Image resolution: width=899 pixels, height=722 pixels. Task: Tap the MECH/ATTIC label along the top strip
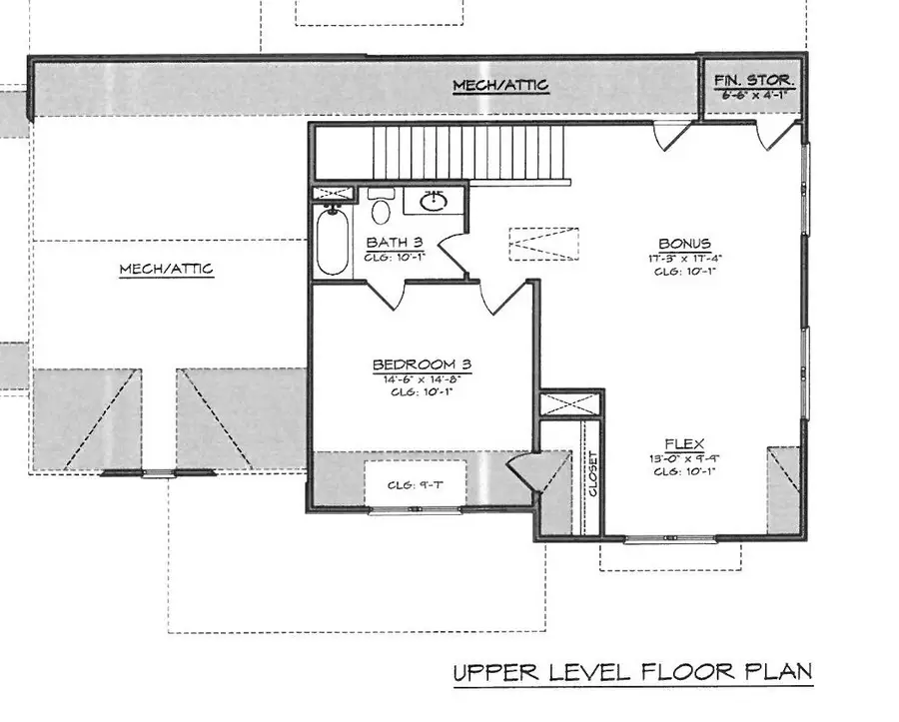pyautogui.click(x=499, y=86)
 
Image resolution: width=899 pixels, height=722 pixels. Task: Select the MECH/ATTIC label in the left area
pyautogui.click(x=165, y=270)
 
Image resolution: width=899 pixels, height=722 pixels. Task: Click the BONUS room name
pyautogui.click(x=684, y=243)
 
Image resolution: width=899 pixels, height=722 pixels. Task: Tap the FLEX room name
pyautogui.click(x=684, y=444)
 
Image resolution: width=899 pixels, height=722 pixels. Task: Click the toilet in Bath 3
pyautogui.click(x=381, y=210)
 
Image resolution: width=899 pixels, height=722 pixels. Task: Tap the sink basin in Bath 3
pyautogui.click(x=434, y=203)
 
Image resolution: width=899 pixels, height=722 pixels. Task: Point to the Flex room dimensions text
pyautogui.click(x=684, y=459)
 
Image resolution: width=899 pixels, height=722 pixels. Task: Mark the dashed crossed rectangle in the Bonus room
pyautogui.click(x=543, y=244)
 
